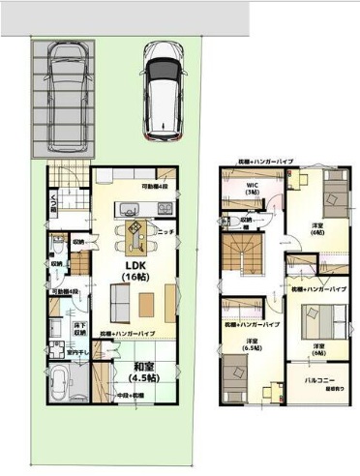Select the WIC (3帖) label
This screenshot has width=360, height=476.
pyautogui.click(x=252, y=189)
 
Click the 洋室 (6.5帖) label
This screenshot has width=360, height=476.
pyautogui.click(x=252, y=346)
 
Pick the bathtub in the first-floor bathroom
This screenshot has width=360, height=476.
pyautogui.click(x=59, y=389)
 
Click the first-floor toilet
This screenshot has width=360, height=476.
pyautogui.click(x=57, y=259)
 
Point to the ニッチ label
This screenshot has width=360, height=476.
pyautogui.click(x=165, y=232)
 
